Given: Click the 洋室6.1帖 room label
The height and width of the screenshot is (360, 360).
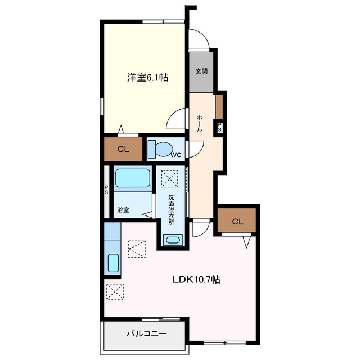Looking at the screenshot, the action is click(148, 78).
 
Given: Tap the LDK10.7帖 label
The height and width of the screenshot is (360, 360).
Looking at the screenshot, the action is click(196, 280).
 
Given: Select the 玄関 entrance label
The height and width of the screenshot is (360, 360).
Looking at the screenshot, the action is click(201, 71).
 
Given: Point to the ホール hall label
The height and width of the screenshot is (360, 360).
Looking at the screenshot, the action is click(199, 123).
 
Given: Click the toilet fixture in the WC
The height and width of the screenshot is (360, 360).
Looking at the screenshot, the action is click(160, 150).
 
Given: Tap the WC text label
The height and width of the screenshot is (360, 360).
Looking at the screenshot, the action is click(176, 155).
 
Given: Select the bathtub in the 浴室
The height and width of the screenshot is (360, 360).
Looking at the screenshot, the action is click(133, 178).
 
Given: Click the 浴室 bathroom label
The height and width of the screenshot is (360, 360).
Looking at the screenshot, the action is click(123, 210).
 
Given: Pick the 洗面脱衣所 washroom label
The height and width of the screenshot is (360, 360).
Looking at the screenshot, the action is click(171, 210).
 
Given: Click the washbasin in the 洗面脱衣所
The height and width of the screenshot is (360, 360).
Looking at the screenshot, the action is click(173, 240).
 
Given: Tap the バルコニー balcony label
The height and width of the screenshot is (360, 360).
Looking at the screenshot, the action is click(147, 334).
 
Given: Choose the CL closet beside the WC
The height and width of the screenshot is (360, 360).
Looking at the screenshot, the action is click(123, 149).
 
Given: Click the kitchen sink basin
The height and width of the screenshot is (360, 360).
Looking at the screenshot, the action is click(113, 263).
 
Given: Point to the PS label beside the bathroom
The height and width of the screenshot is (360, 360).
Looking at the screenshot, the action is click(106, 190).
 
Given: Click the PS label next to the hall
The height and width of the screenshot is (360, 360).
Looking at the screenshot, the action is click(219, 128).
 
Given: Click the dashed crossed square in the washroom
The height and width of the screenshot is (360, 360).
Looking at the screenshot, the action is click(170, 179).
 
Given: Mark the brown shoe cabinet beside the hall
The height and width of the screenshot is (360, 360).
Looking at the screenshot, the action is click(219, 106).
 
